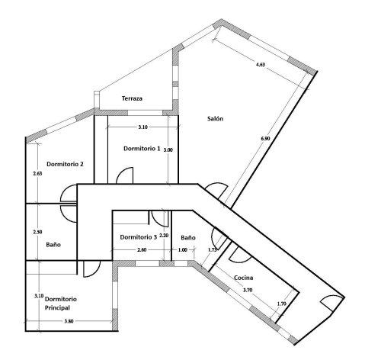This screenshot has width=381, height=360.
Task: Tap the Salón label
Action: pos(215,118)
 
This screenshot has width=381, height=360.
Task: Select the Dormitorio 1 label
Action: pos(141,149)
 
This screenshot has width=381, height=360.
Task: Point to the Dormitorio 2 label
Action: pos(65,164)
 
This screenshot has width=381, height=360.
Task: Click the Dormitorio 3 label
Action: pos(139,237)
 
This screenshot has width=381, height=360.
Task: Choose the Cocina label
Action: pos(244,278)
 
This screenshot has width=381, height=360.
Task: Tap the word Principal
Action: pos(57,307)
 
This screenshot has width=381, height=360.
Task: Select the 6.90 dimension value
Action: pos(264,139)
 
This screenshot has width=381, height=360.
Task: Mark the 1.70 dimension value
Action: pos(281,305)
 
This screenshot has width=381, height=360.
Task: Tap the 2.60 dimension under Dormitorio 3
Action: pos(142,251)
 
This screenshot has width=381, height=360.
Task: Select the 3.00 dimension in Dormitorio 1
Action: pos(168,150)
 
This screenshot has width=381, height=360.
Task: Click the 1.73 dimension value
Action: pos(213,249)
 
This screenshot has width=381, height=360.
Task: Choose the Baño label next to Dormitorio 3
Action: pos(188,237)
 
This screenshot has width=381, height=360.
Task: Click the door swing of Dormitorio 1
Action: pos(125,176)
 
